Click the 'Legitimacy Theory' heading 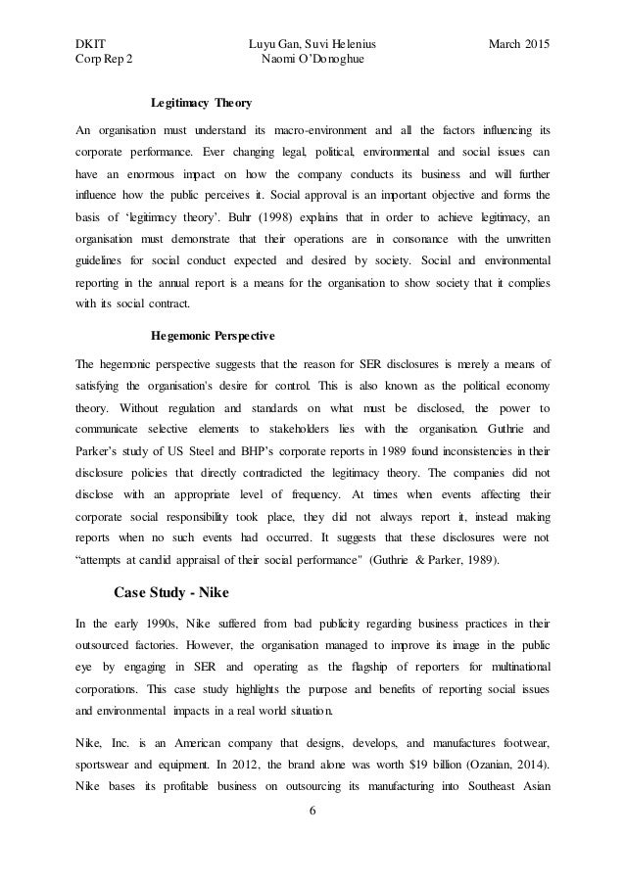tap(201, 102)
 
